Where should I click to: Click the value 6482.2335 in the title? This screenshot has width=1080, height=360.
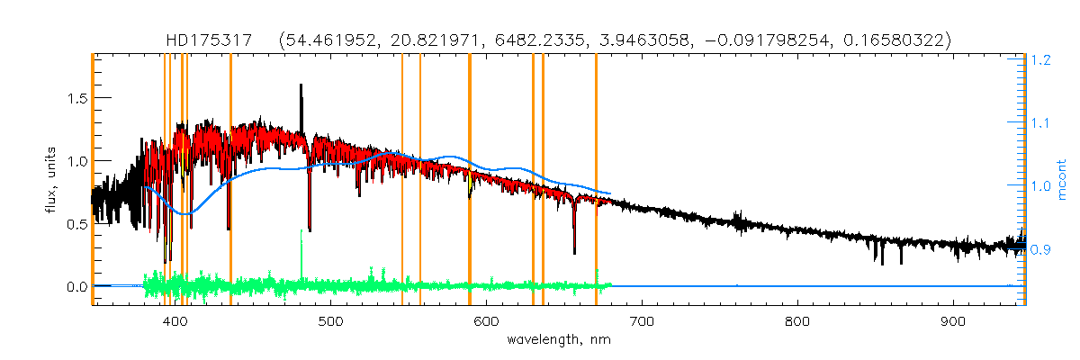tap(594, 40)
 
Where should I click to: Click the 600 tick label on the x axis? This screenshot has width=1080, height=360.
tap(486, 322)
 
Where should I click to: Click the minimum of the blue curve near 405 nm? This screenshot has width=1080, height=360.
tap(183, 213)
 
